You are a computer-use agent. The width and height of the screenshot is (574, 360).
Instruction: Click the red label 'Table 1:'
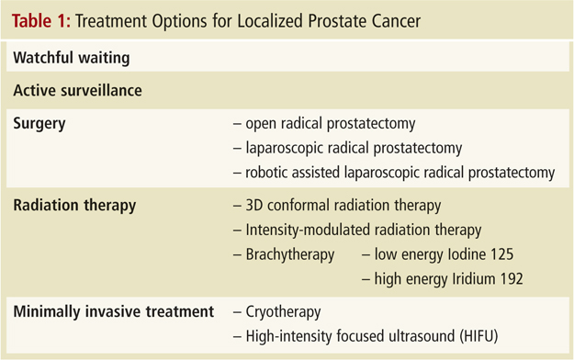coord(41,21)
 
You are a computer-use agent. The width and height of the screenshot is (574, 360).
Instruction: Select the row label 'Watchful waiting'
coord(72,58)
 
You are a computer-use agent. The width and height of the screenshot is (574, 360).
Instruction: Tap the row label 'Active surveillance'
coord(78,90)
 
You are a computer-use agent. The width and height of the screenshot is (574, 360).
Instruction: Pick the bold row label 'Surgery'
coord(39,124)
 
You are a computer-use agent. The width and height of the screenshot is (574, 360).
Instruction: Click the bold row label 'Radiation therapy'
coord(74,206)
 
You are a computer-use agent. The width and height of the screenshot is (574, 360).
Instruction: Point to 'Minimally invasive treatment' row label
coord(114,311)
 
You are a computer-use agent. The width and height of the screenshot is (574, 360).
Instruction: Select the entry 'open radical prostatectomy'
coord(331,124)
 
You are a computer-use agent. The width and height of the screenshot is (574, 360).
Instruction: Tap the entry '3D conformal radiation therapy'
coord(343,206)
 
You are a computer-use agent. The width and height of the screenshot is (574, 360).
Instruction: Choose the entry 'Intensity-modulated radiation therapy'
coord(364,230)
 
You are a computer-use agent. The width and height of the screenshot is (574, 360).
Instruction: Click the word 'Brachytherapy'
coord(290,254)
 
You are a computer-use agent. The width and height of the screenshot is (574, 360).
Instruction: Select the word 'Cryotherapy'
coord(283,312)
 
